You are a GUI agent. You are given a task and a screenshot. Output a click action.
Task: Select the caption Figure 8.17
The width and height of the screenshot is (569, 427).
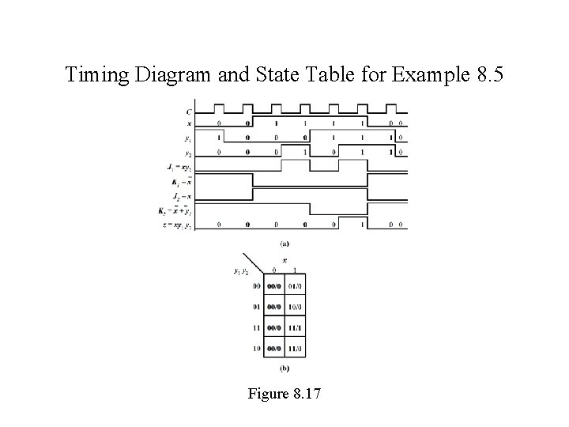284,393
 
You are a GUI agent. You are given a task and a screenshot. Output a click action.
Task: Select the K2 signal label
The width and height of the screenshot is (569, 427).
175,210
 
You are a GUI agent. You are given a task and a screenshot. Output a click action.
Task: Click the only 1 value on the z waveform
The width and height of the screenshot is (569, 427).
363,225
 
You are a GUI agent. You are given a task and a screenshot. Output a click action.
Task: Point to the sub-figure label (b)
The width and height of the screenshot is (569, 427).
284,368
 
